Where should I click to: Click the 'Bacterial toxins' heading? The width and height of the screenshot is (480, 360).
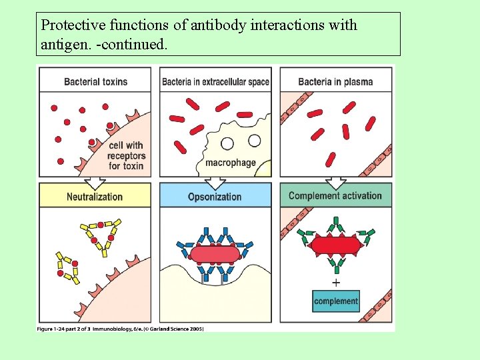coord(95,82)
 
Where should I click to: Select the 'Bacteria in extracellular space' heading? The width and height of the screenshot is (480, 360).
coord(215,82)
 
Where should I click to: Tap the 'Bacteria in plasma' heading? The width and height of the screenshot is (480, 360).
coord(335,82)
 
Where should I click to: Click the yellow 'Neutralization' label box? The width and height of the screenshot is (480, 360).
coord(95,197)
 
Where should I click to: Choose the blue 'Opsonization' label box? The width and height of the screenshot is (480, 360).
coord(215,197)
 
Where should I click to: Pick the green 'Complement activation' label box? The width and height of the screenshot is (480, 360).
coord(335,196)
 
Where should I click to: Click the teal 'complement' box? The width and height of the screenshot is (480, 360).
coord(336,301)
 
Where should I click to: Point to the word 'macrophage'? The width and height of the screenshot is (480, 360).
coord(231,163)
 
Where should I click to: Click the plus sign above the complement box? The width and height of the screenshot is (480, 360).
coord(336,282)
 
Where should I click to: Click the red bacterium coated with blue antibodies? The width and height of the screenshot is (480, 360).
coord(215,254)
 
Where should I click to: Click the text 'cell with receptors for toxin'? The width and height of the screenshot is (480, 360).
coord(125,155)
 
